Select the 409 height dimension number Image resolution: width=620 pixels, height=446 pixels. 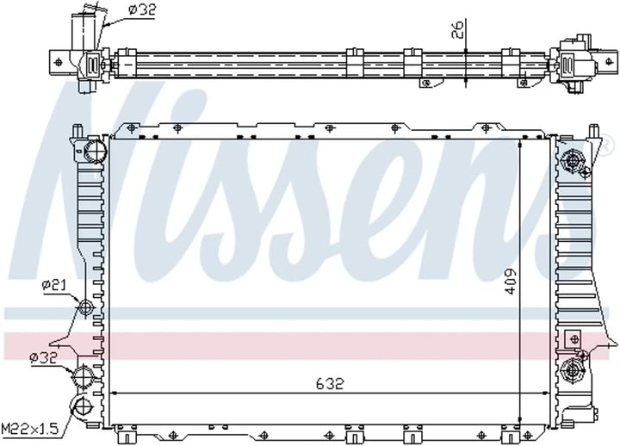click(511, 281)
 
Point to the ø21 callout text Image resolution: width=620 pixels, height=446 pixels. click(53, 285)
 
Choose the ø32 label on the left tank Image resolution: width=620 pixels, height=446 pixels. click(43, 356)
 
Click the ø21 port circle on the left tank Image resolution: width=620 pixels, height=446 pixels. click(86, 307)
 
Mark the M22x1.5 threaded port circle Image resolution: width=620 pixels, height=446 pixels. click(84, 409)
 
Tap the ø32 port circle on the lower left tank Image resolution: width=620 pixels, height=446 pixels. click(85, 376)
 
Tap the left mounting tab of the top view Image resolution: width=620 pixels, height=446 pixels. click(57, 61)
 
